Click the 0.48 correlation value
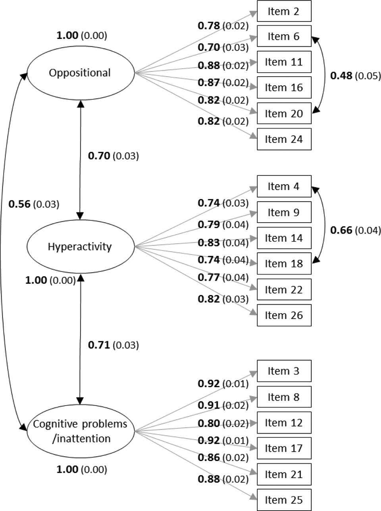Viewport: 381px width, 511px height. click(x=341, y=76)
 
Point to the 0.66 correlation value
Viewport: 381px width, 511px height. click(x=341, y=230)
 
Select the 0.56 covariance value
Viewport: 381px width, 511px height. click(x=19, y=204)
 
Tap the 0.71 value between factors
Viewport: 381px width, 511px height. click(x=99, y=345)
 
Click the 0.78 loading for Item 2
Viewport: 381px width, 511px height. click(x=209, y=26)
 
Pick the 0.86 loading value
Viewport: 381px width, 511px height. click(x=209, y=457)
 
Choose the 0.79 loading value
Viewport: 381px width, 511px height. click(x=209, y=225)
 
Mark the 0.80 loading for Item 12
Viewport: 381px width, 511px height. click(x=209, y=423)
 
